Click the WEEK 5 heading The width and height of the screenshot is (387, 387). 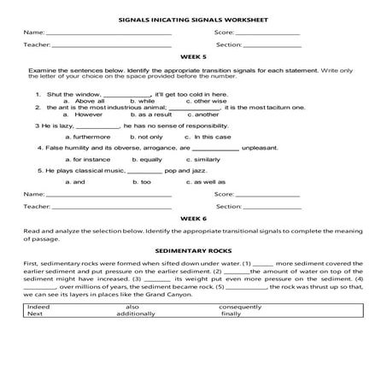(193, 54)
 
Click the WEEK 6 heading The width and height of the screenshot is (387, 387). (193, 218)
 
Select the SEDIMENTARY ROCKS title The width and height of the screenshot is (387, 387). (193, 250)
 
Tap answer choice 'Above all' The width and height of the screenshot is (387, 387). (90, 101)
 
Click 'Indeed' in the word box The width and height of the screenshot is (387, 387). (38, 306)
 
